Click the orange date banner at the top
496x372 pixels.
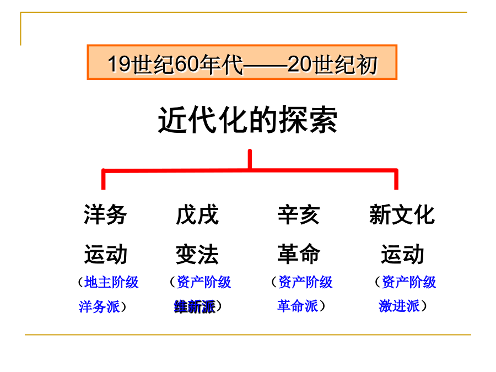click(242, 62)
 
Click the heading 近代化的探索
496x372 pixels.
click(247, 120)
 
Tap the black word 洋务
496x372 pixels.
click(105, 214)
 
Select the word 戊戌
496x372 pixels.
click(197, 214)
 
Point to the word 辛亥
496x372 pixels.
click(299, 214)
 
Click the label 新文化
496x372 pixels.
click(402, 214)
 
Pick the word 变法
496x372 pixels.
click(197, 254)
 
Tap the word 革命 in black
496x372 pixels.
click(299, 254)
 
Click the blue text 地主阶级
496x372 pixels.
click(112, 282)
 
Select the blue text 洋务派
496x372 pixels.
click(99, 306)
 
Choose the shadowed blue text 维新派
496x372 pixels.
click(195, 306)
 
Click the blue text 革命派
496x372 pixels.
click(298, 305)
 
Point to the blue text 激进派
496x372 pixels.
click(399, 305)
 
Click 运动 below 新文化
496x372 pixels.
click(402, 254)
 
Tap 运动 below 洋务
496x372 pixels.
click(105, 254)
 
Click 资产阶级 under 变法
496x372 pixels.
click(204, 282)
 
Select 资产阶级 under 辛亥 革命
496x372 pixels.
click(305, 282)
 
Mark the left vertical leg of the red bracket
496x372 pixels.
click(104, 179)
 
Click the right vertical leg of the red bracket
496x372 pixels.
click(396, 179)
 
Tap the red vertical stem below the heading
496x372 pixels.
click(250, 159)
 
